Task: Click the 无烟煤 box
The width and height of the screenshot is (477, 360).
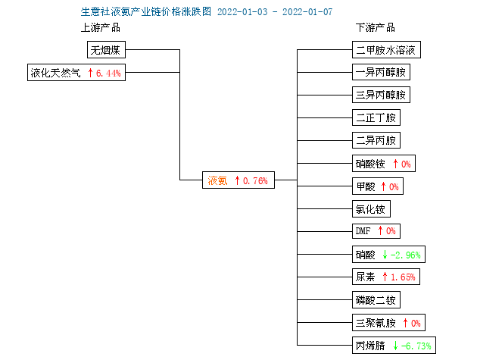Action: click(x=106, y=50)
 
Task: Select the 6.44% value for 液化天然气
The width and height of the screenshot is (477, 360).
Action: click(x=108, y=73)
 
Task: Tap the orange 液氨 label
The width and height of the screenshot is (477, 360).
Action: click(x=217, y=180)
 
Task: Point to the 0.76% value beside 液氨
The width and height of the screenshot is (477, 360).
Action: click(x=255, y=181)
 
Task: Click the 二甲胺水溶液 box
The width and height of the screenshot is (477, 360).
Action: click(x=386, y=50)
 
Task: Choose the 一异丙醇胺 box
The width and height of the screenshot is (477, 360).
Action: click(x=381, y=72)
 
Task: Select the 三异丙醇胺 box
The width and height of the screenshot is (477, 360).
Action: click(x=381, y=95)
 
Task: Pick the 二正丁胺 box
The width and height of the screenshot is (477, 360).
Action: click(x=376, y=117)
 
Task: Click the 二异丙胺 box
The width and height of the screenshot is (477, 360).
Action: click(x=376, y=140)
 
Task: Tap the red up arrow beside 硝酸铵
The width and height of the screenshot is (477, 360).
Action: click(x=395, y=164)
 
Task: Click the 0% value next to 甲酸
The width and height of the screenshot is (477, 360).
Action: click(x=394, y=186)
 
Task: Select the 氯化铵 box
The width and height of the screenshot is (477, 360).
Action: click(x=371, y=208)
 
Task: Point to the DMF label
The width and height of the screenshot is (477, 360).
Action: click(x=363, y=231)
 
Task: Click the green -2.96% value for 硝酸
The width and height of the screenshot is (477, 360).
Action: click(x=406, y=255)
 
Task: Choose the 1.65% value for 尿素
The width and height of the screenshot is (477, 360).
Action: click(x=403, y=277)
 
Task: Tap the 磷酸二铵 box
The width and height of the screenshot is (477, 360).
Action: click(x=376, y=299)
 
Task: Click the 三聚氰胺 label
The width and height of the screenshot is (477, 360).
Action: click(x=376, y=323)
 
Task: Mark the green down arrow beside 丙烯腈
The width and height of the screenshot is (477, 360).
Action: click(x=395, y=346)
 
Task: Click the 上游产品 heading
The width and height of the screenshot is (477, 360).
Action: click(x=101, y=28)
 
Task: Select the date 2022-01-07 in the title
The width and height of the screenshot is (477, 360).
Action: click(x=307, y=12)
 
